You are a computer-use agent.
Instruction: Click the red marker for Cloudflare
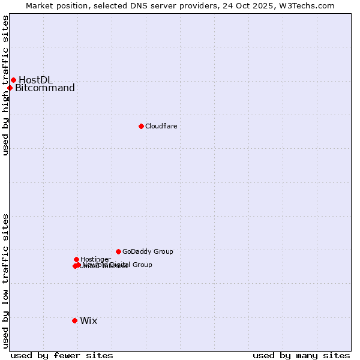click(141, 126)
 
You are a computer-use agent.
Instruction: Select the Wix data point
click(74, 320)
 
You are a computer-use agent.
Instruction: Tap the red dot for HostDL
click(13, 80)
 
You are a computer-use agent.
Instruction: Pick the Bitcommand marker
click(10, 88)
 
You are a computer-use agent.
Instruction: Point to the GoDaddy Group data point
click(118, 251)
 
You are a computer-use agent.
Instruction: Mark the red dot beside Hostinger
click(76, 259)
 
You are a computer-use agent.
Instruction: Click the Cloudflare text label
click(161, 126)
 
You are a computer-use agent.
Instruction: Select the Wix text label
click(88, 320)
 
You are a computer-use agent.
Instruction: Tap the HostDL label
click(35, 80)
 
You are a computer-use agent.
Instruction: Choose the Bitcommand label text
click(45, 88)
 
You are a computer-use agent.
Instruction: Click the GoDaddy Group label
click(148, 251)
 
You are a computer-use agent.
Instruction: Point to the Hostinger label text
click(95, 259)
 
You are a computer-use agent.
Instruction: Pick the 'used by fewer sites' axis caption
click(62, 355)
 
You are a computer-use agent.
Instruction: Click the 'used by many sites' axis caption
click(301, 355)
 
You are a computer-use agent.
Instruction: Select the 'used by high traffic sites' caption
click(5, 85)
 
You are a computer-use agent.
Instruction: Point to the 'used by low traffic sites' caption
click(5, 280)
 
